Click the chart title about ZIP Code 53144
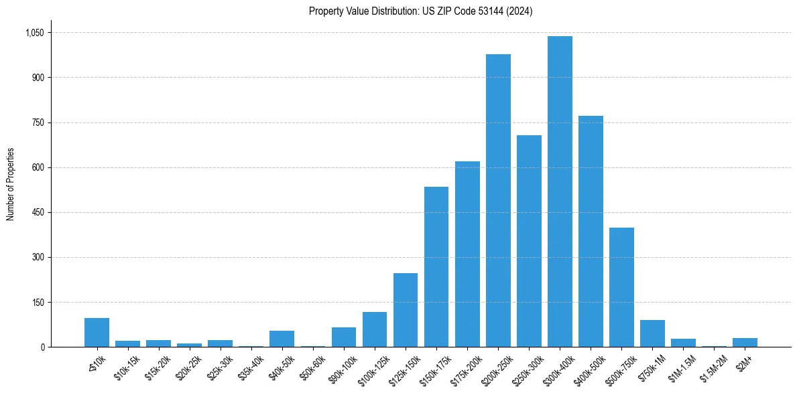point(420,11)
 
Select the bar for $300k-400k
point(560,191)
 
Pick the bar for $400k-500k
point(591,232)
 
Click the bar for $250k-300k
point(529,241)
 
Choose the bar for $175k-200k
point(467,254)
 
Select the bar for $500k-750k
point(621,287)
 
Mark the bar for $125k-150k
point(406,310)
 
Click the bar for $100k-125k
point(375,329)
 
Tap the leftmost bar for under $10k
point(97,333)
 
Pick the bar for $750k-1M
point(652,333)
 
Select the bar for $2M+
point(745,342)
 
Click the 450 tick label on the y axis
point(38,212)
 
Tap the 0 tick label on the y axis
point(42,347)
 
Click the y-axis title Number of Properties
point(11,184)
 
